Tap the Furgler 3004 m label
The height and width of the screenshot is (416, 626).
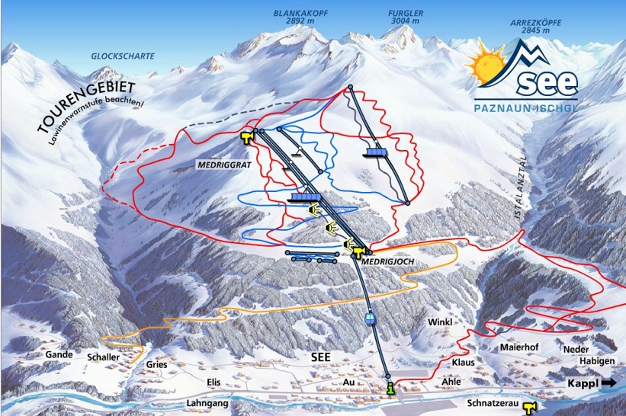click(x=406, y=17)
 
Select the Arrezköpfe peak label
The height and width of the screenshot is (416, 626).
click(x=535, y=27)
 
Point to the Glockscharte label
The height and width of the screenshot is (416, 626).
click(x=122, y=56)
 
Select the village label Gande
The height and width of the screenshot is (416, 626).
click(x=59, y=355)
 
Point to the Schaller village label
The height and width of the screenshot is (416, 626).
click(x=104, y=357)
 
